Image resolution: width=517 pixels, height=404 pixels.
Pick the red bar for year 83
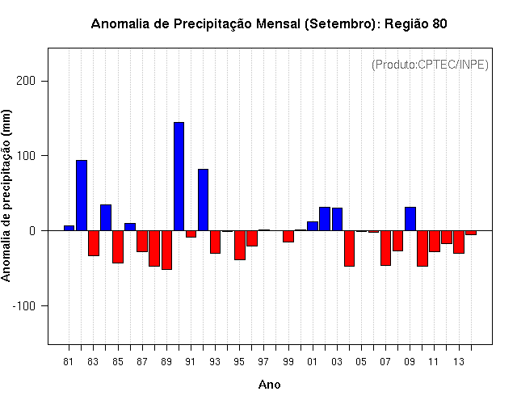click(x=94, y=243)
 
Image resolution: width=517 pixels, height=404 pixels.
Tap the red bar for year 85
click(x=118, y=246)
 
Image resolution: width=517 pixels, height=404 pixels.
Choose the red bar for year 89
click(x=166, y=250)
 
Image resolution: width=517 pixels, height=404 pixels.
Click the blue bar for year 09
click(x=410, y=219)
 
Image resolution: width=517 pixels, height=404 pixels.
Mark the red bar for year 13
click(x=459, y=242)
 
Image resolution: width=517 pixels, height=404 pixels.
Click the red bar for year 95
click(x=240, y=245)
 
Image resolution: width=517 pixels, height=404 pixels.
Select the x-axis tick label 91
click(x=191, y=361)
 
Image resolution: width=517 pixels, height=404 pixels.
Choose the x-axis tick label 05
click(x=361, y=361)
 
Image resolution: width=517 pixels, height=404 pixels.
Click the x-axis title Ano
click(x=270, y=385)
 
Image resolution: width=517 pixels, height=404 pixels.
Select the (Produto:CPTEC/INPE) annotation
click(x=430, y=64)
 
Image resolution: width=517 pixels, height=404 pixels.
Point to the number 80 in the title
click(x=439, y=24)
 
